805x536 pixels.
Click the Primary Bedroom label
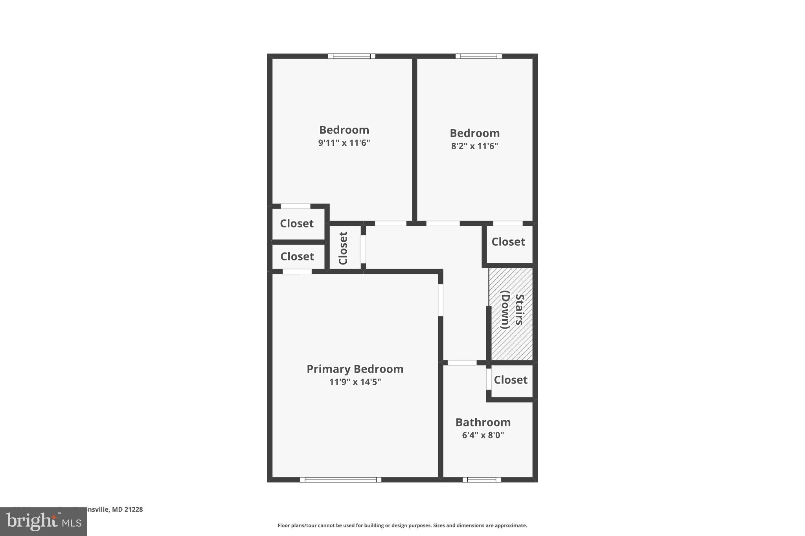click(x=355, y=369)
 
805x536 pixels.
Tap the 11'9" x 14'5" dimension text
click(x=355, y=382)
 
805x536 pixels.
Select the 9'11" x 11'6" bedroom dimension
click(x=344, y=143)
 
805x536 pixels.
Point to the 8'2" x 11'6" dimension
click(x=474, y=146)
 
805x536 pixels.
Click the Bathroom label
click(x=483, y=422)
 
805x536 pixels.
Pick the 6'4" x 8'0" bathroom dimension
click(x=483, y=435)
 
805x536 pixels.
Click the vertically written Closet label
click(x=343, y=248)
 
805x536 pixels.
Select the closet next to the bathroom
click(x=511, y=380)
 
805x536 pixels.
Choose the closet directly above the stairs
click(x=508, y=242)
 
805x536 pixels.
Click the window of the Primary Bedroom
click(x=340, y=479)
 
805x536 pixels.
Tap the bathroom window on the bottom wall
click(x=482, y=479)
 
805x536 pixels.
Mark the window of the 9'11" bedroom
click(x=352, y=56)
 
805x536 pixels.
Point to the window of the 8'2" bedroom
click(x=478, y=56)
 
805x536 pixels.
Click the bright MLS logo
click(x=44, y=522)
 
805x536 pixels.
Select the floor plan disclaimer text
click(x=402, y=525)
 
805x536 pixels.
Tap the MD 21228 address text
click(x=127, y=510)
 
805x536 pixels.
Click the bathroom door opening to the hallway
click(x=462, y=363)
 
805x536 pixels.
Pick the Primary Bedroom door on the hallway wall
click(x=441, y=300)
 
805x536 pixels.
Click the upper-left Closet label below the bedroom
click(x=297, y=223)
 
